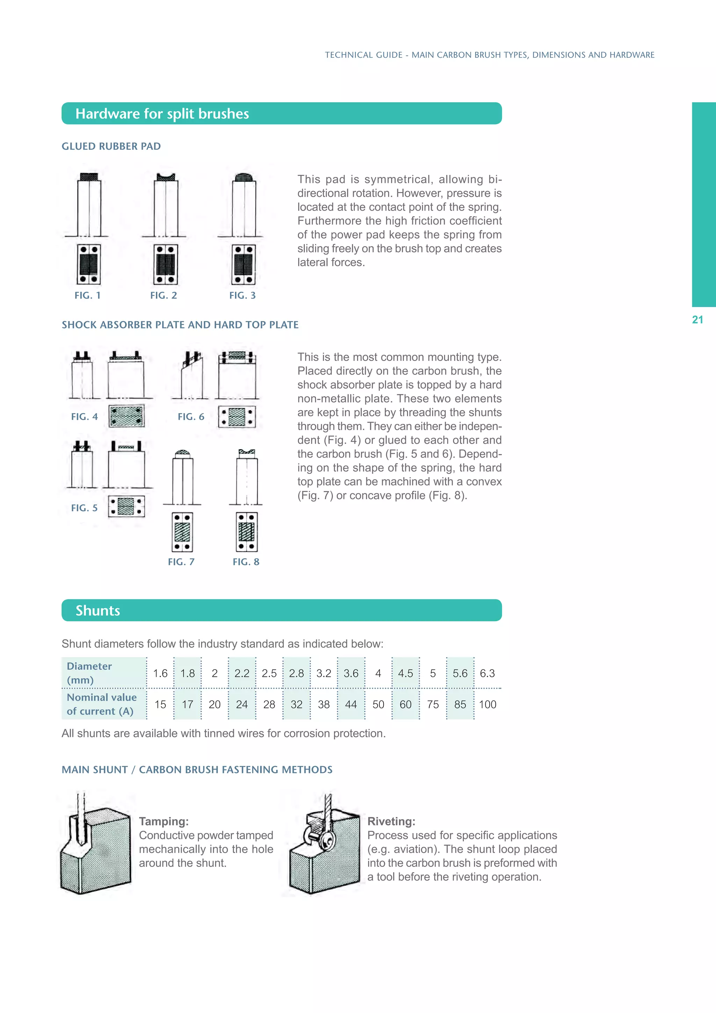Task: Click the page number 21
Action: (x=697, y=320)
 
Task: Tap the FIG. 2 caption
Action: (x=164, y=296)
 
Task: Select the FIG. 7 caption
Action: (x=181, y=562)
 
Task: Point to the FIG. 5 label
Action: (x=84, y=508)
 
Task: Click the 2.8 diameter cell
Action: (x=296, y=673)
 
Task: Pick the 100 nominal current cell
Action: (x=488, y=704)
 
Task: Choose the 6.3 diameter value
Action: (x=487, y=673)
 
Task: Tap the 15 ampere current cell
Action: (x=160, y=704)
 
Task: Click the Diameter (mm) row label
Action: (x=89, y=673)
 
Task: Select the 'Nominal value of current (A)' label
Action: (x=101, y=704)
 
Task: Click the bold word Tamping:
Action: (x=164, y=822)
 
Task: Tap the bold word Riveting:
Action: (x=391, y=822)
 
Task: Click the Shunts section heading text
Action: (x=98, y=611)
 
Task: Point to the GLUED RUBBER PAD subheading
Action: (x=111, y=147)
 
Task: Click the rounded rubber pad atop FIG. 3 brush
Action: (x=243, y=178)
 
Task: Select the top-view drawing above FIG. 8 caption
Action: (x=246, y=532)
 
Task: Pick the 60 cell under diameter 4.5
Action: (x=406, y=704)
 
